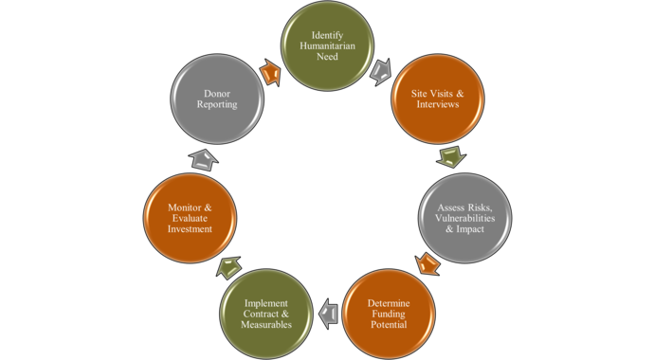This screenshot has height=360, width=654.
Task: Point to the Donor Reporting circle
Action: (216, 99)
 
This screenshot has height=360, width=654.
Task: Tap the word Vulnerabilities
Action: (465, 218)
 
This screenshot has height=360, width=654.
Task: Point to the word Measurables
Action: (265, 325)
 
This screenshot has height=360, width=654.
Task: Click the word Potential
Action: (390, 325)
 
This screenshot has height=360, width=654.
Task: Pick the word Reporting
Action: (216, 104)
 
